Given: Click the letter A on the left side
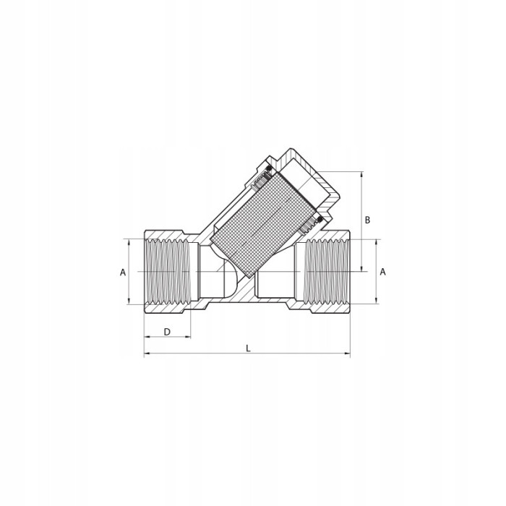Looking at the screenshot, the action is (123, 273).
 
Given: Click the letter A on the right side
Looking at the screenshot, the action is (382, 272).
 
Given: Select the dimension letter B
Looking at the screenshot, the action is (367, 220).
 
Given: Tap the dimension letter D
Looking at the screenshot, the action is (167, 332).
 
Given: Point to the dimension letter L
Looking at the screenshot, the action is (248, 348).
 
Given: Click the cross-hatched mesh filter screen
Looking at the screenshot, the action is (262, 224).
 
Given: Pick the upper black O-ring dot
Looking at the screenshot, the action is (268, 168).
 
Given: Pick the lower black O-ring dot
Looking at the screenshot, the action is (320, 220).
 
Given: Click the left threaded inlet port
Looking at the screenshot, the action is (167, 272).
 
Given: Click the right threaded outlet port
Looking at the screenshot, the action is (327, 271).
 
